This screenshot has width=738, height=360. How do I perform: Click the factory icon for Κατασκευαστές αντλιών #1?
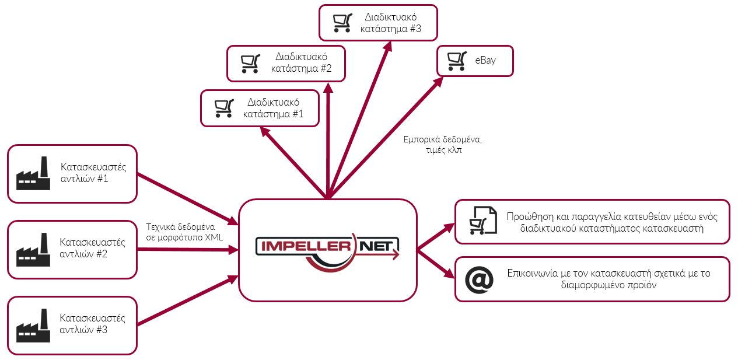pyautogui.click(x=32, y=173)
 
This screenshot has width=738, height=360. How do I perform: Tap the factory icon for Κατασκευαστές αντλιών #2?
pyautogui.click(x=32, y=250)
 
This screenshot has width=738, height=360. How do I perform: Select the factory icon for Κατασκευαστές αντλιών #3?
pyautogui.click(x=32, y=326)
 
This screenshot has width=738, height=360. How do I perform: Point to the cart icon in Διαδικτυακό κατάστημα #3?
pyautogui.click(x=342, y=23)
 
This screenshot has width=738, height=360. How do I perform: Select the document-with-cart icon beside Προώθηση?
pyautogui.click(x=482, y=221)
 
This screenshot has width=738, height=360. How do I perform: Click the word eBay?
pyautogui.click(x=485, y=60)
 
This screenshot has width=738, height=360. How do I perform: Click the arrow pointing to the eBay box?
pyautogui.click(x=385, y=137)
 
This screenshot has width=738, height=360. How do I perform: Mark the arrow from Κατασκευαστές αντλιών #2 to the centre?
pyautogui.click(x=187, y=250)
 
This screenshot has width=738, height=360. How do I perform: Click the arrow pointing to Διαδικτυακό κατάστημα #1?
pyautogui.click(x=295, y=162)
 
